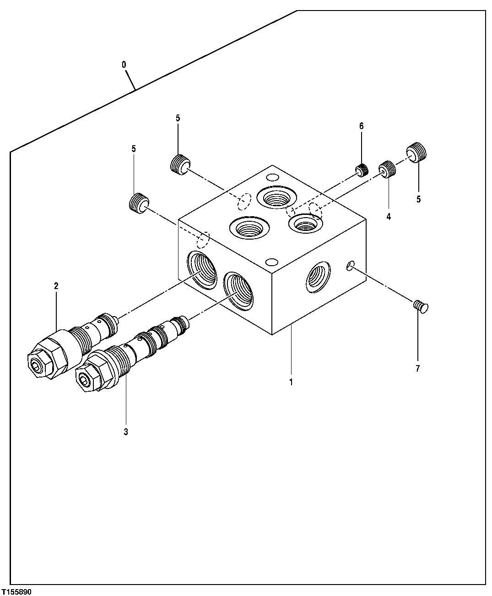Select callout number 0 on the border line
click(124, 65)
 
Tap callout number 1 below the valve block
click(291, 381)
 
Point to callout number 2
click(56, 286)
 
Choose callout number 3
click(125, 432)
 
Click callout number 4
click(389, 217)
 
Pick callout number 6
click(361, 126)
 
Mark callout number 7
click(417, 368)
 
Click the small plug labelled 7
click(421, 306)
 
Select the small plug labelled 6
click(362, 170)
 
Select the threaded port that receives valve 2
click(202, 270)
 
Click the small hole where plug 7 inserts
click(350, 265)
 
